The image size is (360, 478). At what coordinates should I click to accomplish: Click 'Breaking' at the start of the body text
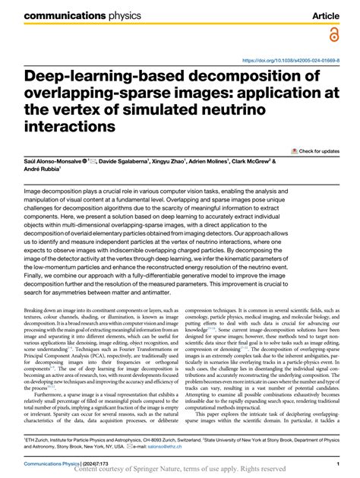point(37,312)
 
